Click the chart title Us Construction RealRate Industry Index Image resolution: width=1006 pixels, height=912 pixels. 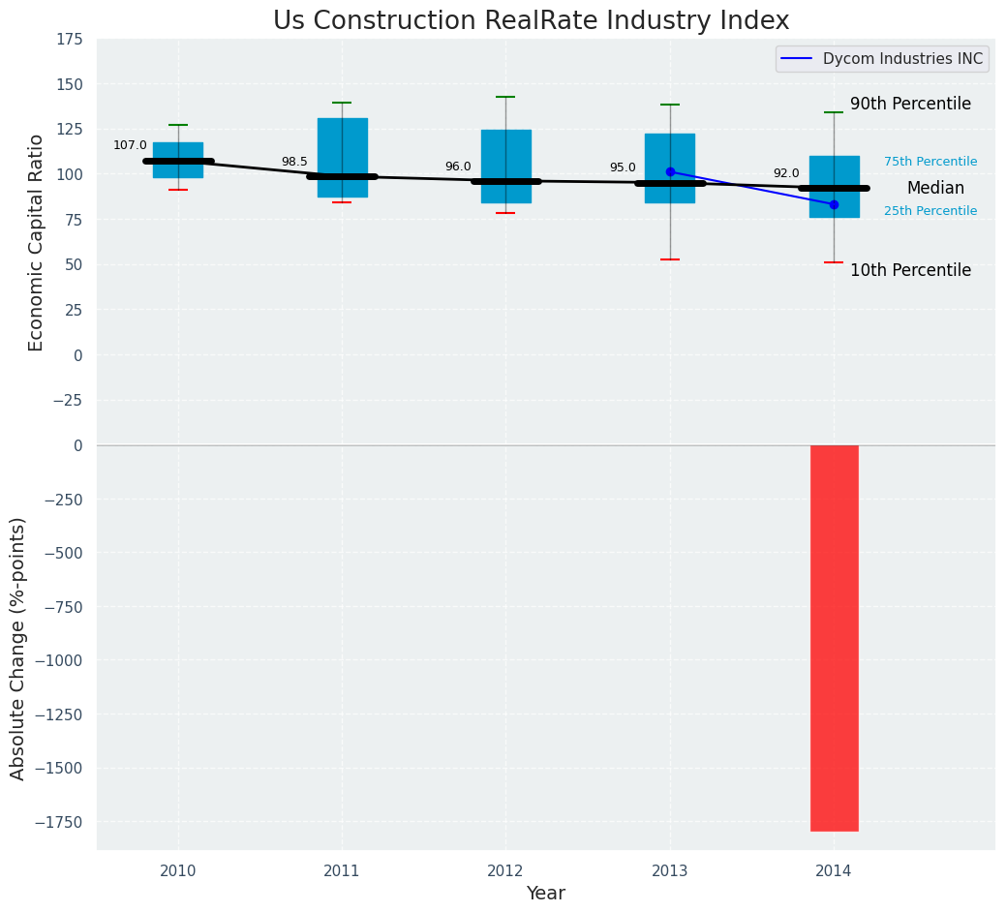point(531,21)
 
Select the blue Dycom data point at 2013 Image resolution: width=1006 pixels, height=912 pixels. point(670,171)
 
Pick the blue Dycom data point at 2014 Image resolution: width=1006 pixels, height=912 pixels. point(834,204)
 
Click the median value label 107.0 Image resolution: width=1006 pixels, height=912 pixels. point(130,145)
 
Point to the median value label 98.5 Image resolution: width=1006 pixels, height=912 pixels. point(294,162)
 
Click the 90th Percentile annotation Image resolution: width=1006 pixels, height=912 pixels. point(910,104)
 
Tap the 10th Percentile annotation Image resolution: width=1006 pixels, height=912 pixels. point(910,270)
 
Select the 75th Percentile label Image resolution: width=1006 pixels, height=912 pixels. point(930,162)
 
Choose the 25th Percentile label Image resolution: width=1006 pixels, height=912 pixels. point(930,211)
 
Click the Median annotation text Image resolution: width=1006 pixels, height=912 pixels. point(935,188)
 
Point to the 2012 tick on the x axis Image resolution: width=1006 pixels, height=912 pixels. point(505,871)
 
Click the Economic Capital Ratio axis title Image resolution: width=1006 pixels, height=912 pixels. point(37,242)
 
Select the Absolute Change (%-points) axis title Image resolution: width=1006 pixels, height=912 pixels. point(18,648)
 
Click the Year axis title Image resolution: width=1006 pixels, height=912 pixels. point(545,894)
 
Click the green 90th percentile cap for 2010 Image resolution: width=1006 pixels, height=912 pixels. point(178,125)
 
